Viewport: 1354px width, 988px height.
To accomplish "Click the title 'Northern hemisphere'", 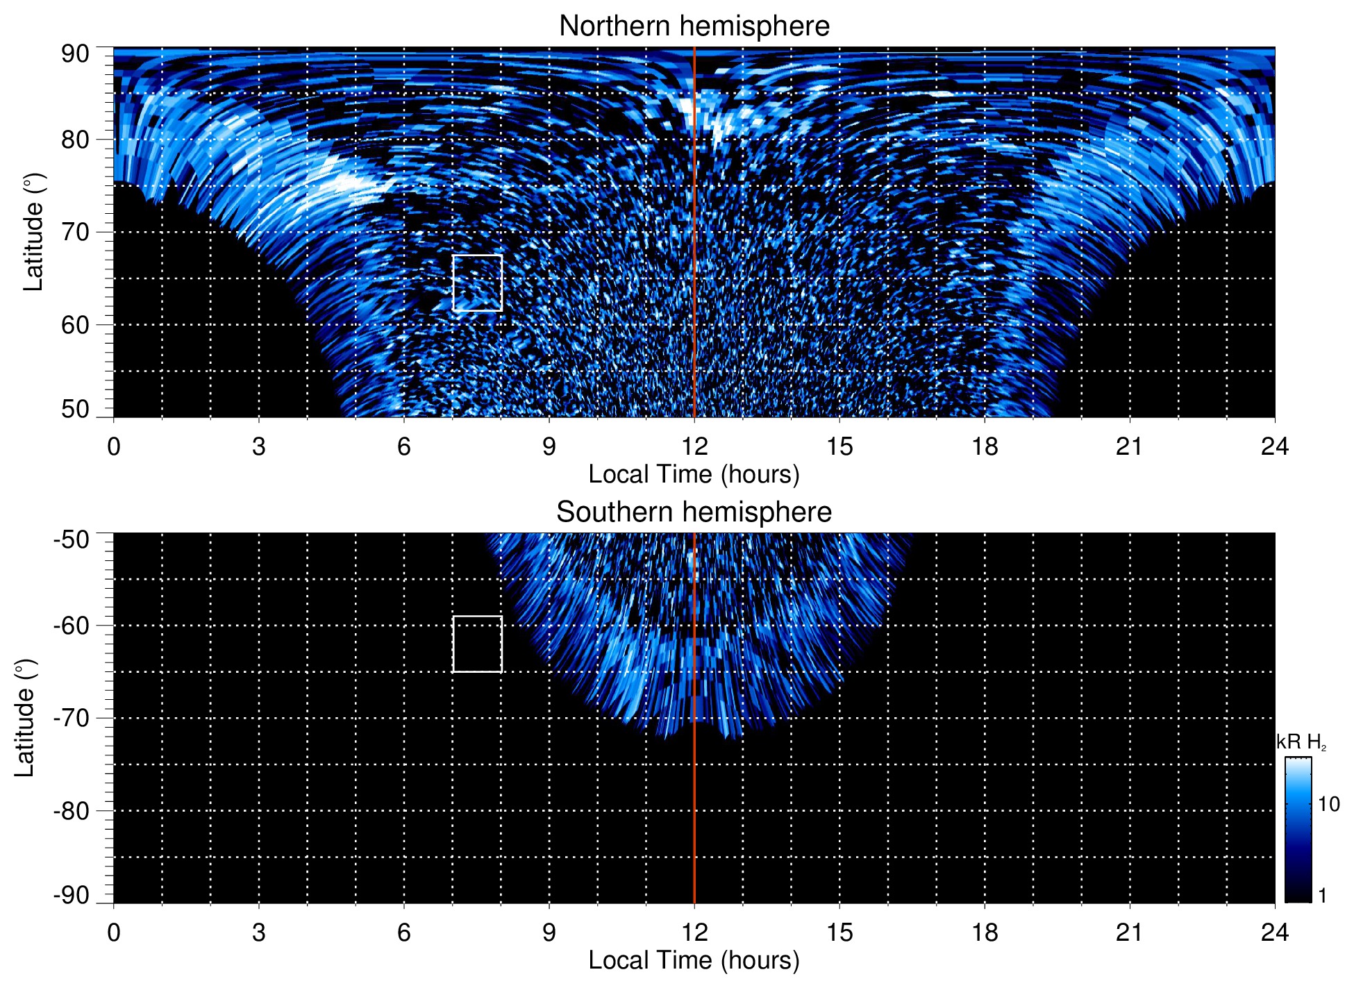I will [x=694, y=26].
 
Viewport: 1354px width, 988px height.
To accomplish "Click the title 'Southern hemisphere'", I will [x=694, y=512].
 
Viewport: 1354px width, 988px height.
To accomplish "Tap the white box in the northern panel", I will [x=477, y=283].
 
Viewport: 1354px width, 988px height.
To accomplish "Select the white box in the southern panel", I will [x=477, y=644].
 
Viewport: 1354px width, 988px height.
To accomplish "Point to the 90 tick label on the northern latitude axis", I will [x=75, y=54].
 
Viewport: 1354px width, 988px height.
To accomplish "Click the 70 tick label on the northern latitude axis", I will [x=75, y=232].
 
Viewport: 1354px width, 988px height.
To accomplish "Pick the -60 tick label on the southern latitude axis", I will [x=72, y=626].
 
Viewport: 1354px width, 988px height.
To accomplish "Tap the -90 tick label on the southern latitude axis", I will [x=72, y=896].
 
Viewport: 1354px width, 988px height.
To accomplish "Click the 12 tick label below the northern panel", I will [x=694, y=446].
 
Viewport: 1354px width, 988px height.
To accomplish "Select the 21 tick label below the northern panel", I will [x=1129, y=446].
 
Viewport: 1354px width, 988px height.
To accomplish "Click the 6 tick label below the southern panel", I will [x=403, y=932].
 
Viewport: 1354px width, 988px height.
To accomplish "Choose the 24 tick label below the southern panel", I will [x=1274, y=932].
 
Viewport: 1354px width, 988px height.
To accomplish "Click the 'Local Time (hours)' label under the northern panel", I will [x=694, y=474].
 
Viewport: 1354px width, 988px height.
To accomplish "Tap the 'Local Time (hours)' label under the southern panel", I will [x=694, y=960].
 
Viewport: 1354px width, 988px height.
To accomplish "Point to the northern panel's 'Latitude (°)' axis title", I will [x=33, y=232].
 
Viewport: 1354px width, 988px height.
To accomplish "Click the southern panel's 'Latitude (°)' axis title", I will [x=25, y=718].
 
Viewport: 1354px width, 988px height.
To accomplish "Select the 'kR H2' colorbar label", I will [x=1301, y=743].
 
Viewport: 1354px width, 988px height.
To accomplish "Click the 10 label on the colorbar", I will [x=1328, y=805].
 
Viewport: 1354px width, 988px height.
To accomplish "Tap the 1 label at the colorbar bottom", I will [x=1322, y=896].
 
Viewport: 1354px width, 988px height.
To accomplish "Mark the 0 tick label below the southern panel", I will [x=114, y=932].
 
